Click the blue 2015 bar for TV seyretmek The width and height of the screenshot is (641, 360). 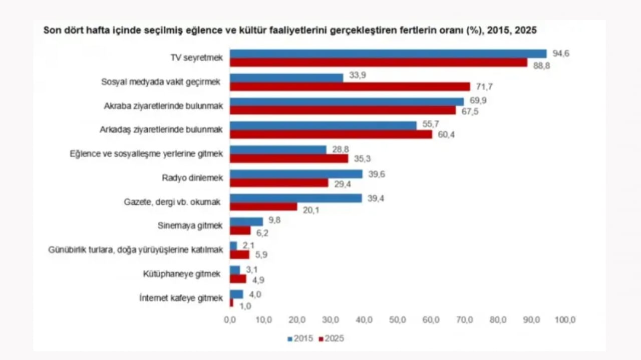tap(388, 53)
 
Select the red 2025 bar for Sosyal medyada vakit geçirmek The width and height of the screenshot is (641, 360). tap(350, 86)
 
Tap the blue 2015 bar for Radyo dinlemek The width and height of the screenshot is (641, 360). tap(296, 174)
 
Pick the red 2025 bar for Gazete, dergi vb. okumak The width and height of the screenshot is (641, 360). tap(263, 206)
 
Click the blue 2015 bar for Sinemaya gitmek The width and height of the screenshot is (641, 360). tap(246, 221)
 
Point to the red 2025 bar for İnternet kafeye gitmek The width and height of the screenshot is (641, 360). tap(231, 303)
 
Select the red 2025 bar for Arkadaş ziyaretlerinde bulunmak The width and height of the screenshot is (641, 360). tap(331, 134)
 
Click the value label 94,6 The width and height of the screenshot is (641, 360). tap(561, 53)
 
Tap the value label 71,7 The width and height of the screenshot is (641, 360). tap(484, 86)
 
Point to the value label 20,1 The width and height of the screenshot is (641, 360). tap(311, 210)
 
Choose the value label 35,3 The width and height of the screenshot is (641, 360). tap(362, 158)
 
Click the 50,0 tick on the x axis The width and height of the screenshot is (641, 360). tap(398, 319)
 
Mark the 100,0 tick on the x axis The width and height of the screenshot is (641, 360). tap(565, 319)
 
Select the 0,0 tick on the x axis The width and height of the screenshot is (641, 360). tap(230, 319)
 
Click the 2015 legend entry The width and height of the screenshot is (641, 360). tap(300, 338)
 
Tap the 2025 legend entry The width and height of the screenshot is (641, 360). tap(332, 338)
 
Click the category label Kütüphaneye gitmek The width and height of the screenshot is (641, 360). tap(182, 274)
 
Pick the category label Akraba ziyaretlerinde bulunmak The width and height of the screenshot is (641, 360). tap(163, 106)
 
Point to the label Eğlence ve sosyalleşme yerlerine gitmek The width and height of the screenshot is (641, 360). tap(146, 154)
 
